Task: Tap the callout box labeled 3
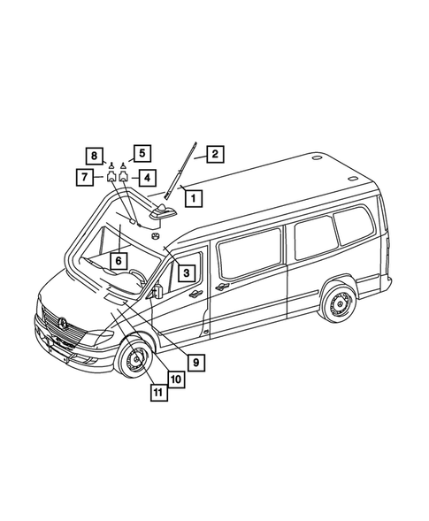tap(188, 273)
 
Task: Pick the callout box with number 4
tap(143, 177)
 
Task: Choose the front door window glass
tap(188, 274)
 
